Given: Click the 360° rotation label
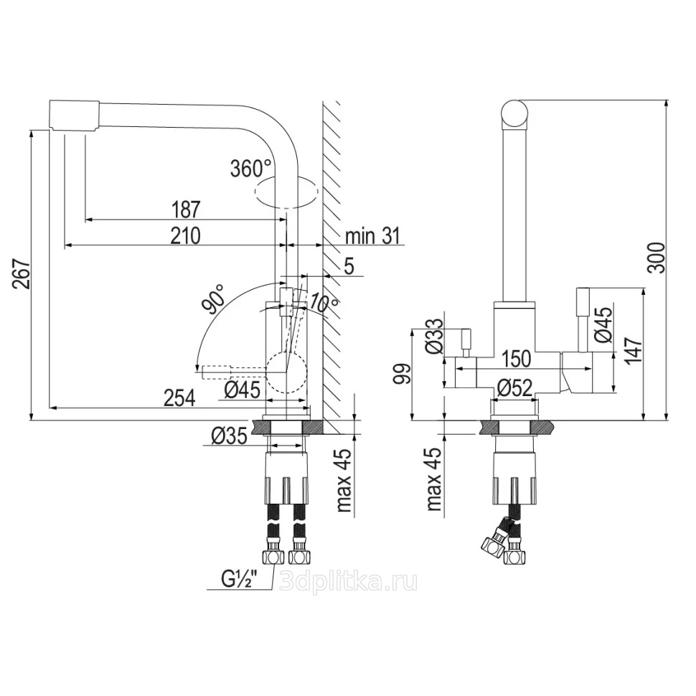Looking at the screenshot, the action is coord(250,169).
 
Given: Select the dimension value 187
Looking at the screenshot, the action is coord(187,210).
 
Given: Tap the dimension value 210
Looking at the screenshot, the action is coord(186,235).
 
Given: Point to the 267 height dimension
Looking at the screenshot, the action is coord(22,274).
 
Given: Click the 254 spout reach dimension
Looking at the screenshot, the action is coord(179,398).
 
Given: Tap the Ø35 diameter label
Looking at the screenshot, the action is coord(229,437).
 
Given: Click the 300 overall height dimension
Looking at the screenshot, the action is coord(657,258).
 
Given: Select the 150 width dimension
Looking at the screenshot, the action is coord(516,359).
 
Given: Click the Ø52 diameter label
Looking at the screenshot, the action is coord(514,389).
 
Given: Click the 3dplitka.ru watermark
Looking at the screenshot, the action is coord(349,581).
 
